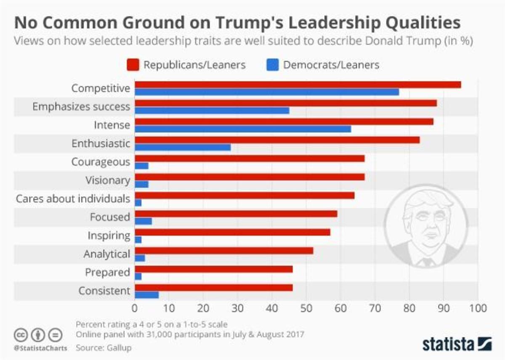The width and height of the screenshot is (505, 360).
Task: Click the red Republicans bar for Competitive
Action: [x=298, y=85]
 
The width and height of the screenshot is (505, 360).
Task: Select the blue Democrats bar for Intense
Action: [x=243, y=129]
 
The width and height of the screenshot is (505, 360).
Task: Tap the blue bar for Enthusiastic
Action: [x=183, y=147]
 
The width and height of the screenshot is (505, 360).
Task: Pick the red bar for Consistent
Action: [x=213, y=288]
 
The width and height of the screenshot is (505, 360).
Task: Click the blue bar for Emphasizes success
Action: [x=212, y=110]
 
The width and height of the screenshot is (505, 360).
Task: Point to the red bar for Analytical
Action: [x=223, y=251]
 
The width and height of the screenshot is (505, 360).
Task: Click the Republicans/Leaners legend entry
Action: [x=186, y=65]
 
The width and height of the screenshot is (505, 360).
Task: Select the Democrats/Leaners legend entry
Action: [x=323, y=65]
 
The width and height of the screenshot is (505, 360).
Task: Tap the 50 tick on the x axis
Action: [x=306, y=308]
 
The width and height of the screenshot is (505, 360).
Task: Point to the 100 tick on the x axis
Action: [x=477, y=308]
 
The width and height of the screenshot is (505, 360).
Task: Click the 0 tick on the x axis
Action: [x=135, y=308]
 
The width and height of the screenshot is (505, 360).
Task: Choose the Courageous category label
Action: [x=101, y=162]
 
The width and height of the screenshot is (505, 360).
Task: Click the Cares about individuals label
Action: [x=73, y=199]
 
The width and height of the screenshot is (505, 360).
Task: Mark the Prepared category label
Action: [x=107, y=273]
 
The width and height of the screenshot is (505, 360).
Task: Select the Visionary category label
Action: [x=108, y=180]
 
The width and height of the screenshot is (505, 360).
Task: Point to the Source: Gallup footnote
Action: [x=104, y=348]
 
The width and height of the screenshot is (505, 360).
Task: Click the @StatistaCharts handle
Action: [x=40, y=348]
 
